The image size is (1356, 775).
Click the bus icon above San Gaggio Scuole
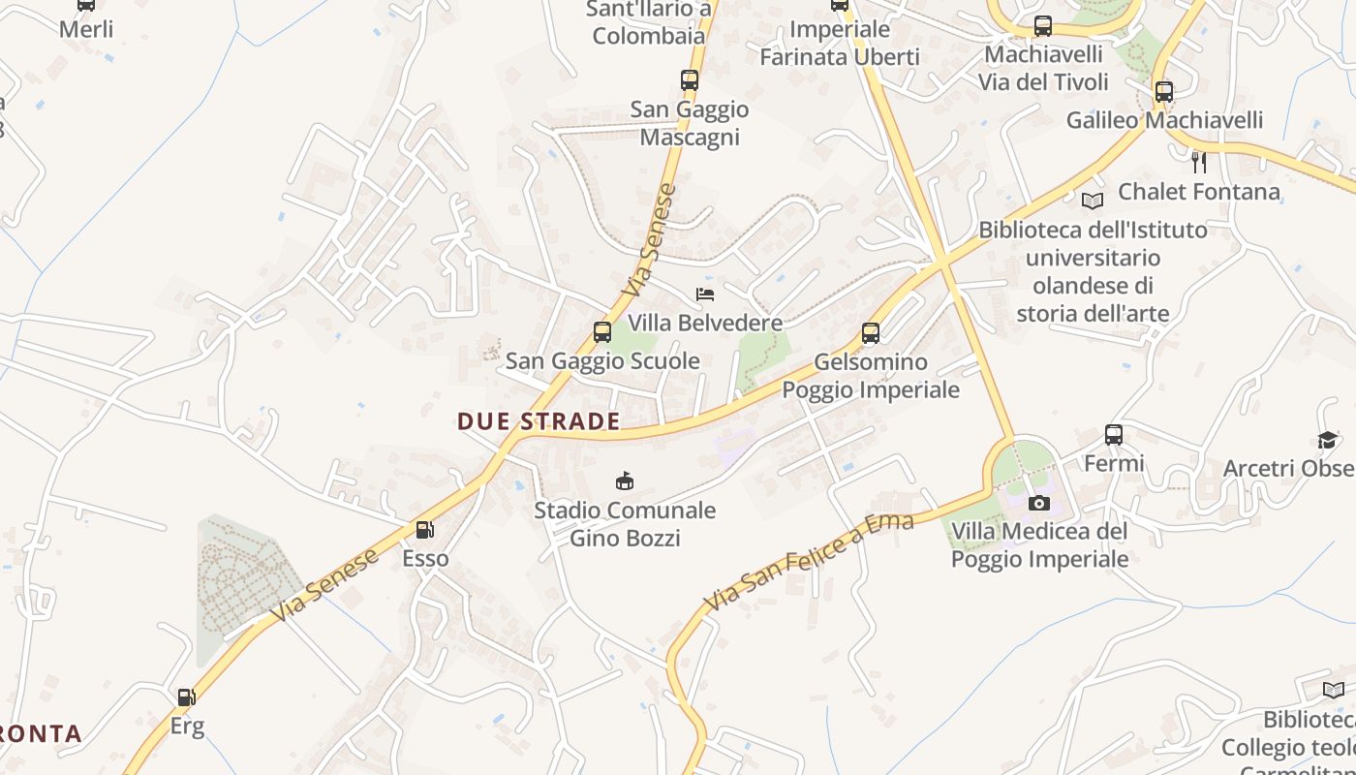(x=602, y=332)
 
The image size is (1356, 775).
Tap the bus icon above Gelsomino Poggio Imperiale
(x=871, y=333)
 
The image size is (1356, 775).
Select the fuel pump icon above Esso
(x=424, y=530)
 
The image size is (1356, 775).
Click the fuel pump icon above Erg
(x=185, y=697)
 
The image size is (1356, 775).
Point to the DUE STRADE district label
(x=539, y=421)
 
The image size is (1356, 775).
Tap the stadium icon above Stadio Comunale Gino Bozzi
(x=626, y=480)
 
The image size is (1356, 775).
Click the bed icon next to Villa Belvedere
(x=705, y=294)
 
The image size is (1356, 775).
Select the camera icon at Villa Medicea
(x=1038, y=503)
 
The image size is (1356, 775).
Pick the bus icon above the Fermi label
(x=1114, y=435)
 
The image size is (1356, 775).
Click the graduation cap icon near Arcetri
(x=1327, y=441)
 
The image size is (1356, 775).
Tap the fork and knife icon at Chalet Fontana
(x=1199, y=162)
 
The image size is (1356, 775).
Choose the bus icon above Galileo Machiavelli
(x=1164, y=92)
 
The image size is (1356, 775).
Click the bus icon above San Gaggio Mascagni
(x=690, y=80)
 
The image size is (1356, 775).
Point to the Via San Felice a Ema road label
(x=809, y=563)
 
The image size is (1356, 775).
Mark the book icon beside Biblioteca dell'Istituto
(x=1093, y=201)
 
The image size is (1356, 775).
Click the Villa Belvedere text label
(x=705, y=323)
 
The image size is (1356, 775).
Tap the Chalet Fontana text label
(x=1199, y=192)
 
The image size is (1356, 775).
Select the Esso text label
(x=426, y=559)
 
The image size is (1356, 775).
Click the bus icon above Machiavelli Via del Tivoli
(x=1043, y=26)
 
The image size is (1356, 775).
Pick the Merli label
(x=86, y=29)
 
